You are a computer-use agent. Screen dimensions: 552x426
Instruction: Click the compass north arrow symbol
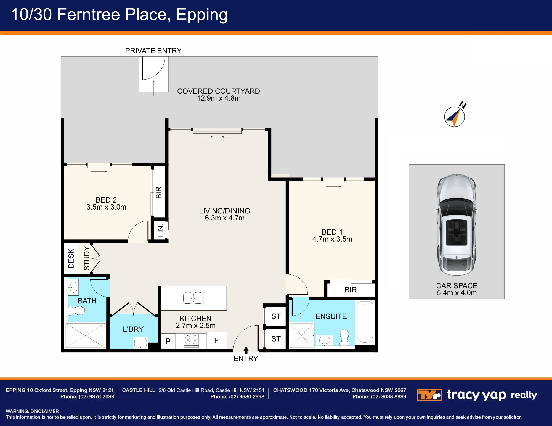tap(455, 117)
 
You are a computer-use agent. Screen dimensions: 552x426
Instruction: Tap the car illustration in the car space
tap(457, 224)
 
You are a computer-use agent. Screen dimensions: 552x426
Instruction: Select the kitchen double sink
tap(193, 298)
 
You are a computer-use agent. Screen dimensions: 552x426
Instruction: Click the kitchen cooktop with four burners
tap(191, 340)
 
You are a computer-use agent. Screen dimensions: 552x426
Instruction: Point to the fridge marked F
tap(216, 340)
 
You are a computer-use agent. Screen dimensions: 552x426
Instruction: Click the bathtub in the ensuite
tap(365, 322)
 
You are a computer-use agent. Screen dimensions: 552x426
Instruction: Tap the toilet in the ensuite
tap(344, 337)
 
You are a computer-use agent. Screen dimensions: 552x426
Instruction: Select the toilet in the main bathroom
tap(77, 311)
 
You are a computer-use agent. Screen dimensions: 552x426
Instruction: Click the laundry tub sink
tap(140, 343)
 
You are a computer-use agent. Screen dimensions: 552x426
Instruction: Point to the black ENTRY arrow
tap(246, 350)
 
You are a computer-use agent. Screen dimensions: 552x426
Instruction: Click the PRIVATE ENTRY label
tap(153, 51)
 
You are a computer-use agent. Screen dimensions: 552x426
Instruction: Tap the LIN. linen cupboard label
tap(160, 231)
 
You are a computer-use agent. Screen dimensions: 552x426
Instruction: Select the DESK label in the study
tap(71, 258)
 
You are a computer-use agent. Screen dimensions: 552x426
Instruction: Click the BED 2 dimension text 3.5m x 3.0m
tap(106, 207)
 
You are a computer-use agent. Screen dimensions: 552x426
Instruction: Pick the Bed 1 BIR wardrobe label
tap(351, 290)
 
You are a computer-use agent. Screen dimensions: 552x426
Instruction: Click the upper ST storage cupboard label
tap(276, 316)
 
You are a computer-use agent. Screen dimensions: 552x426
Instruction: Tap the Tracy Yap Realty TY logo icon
tap(429, 395)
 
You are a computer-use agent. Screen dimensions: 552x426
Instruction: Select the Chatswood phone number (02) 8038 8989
tap(388, 397)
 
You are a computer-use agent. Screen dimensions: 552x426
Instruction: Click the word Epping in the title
tap(202, 15)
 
